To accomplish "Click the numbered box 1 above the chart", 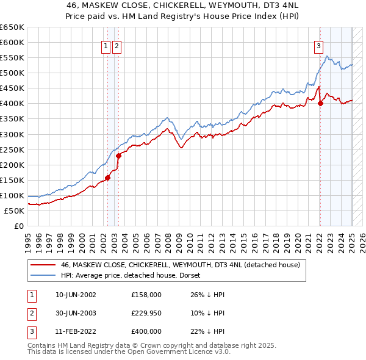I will [106, 45].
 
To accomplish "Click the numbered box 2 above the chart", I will [117, 45].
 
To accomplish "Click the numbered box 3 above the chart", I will [318, 45].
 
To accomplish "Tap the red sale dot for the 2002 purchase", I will [107, 178].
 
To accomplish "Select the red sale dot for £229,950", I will [119, 156].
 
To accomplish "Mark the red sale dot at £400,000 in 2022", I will [320, 103].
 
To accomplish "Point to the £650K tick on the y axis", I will [12, 27].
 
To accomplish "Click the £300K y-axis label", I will [12, 134].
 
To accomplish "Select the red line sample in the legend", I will [43, 265].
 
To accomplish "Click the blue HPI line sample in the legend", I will [43, 276].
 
